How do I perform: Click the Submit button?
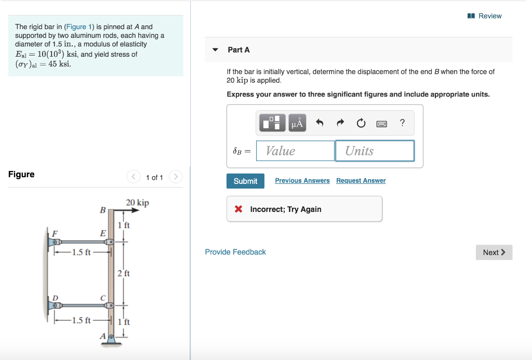(245, 181)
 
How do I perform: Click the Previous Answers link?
(302, 181)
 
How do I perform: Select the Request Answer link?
(361, 181)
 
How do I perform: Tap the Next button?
(494, 252)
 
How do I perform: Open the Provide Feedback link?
(235, 252)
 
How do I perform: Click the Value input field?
(295, 151)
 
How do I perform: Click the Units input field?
(375, 151)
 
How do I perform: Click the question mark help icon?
(402, 123)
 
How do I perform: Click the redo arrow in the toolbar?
(340, 123)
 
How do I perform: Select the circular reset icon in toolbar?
(361, 123)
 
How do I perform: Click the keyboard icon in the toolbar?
(381, 123)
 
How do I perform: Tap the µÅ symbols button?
(297, 123)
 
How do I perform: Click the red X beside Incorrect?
(238, 209)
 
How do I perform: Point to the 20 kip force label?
(137, 203)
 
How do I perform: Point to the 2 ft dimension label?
(124, 273)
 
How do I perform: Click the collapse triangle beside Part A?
(215, 50)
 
